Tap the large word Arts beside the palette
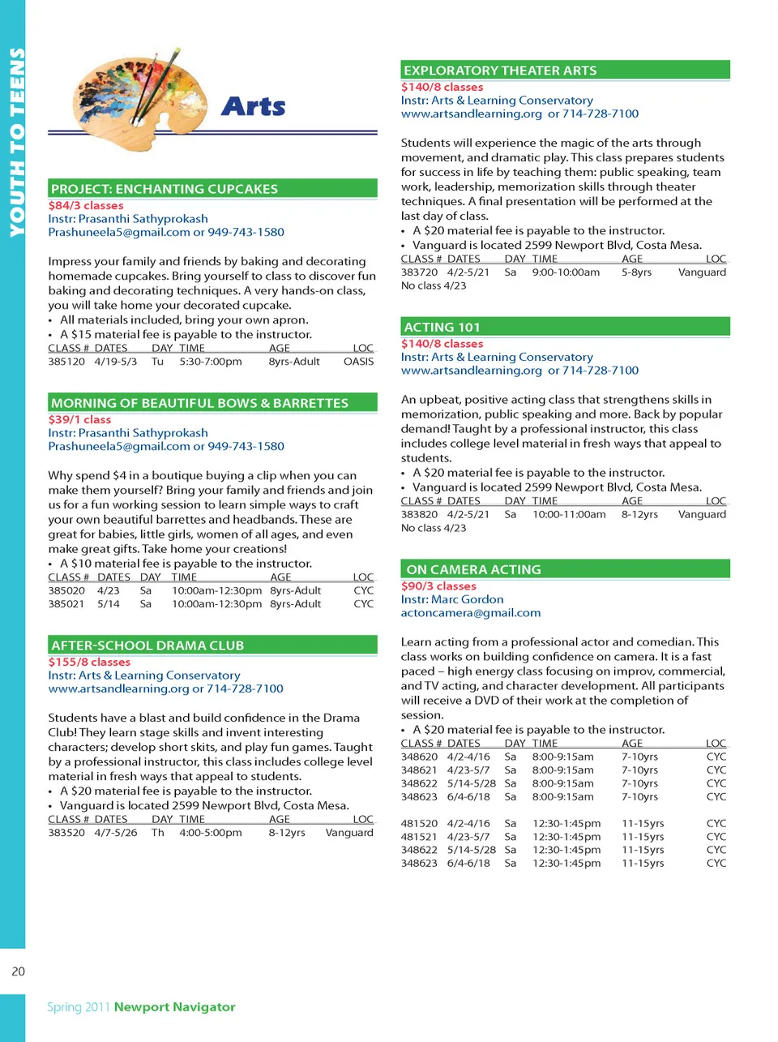(253, 106)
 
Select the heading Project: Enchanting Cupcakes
(165, 189)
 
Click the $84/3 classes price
(86, 206)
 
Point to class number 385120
(66, 362)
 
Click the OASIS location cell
(358, 362)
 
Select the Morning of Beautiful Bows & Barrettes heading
(199, 403)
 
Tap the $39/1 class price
(79, 420)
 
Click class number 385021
(66, 604)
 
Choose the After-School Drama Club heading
(147, 645)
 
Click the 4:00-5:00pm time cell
(211, 833)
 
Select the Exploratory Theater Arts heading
(500, 71)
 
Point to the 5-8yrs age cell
(636, 272)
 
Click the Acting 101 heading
(442, 327)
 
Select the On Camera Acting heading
(473, 569)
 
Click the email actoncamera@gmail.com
(470, 613)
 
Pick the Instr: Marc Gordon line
(452, 599)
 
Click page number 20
(18, 971)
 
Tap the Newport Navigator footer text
(174, 1007)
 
